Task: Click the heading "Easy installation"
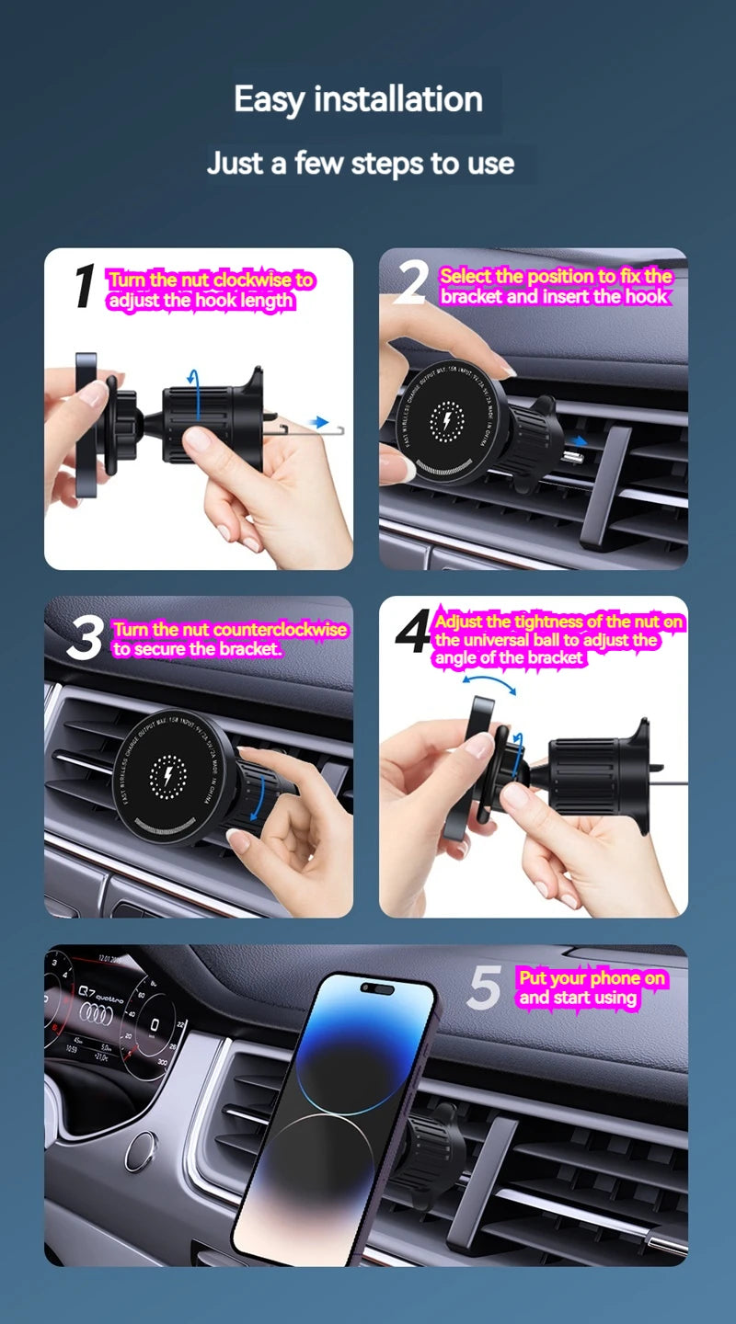click(x=358, y=98)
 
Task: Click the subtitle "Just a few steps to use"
click(x=360, y=164)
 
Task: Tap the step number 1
click(x=84, y=286)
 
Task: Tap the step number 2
click(x=410, y=284)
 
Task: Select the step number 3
click(x=85, y=638)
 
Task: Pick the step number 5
click(x=484, y=988)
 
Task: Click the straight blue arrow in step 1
click(x=317, y=422)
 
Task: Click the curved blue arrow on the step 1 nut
click(x=192, y=377)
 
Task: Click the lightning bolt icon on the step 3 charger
click(x=167, y=778)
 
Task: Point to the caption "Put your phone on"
click(x=592, y=978)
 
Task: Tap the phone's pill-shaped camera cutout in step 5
click(x=378, y=990)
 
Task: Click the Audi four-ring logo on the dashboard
click(x=96, y=1009)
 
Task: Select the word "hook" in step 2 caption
click(x=647, y=296)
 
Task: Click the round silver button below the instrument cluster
click(x=140, y=1150)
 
